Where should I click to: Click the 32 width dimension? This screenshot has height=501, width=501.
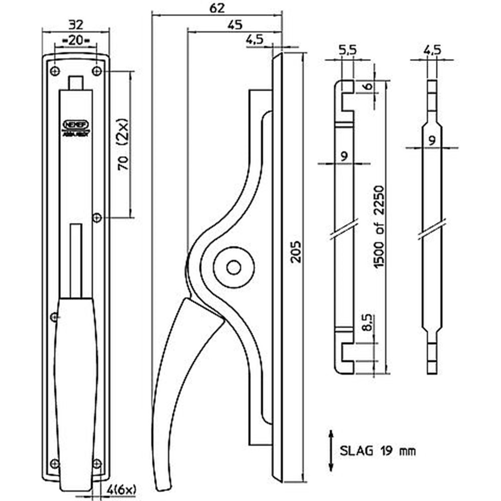coord(75,24)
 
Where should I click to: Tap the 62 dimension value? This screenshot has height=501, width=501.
coord(217,9)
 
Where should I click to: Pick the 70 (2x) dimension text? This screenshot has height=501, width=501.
coord(124,145)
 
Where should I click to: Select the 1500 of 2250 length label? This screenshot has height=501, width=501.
coord(379,226)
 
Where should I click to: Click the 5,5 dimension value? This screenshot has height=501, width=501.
coord(347,51)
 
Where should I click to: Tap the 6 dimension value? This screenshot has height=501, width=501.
coord(368,87)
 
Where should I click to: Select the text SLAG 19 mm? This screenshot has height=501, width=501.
coord(378,450)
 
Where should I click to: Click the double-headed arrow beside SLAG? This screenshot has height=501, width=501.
coord(331,450)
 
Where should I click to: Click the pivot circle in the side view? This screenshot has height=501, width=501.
coord(233,267)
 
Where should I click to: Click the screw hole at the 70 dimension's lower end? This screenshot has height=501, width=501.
coord(97,217)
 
